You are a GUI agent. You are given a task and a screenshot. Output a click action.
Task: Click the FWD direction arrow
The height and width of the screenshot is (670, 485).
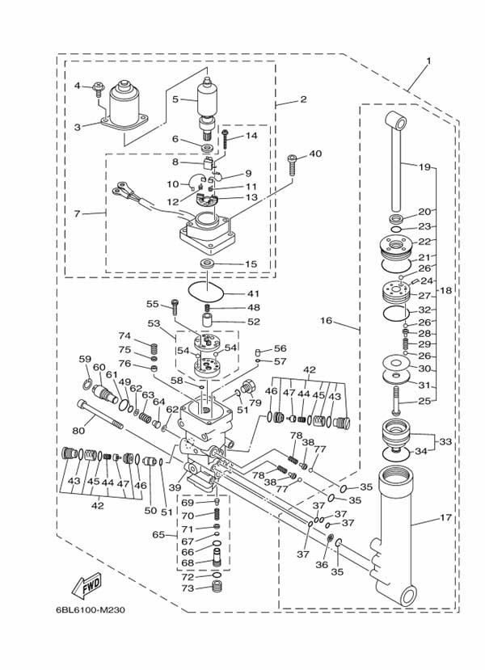coord(85,584)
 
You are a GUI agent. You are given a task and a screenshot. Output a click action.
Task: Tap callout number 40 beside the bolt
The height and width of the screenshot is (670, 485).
coord(315,154)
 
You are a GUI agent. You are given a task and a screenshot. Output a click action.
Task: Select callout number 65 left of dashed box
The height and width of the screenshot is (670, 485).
coord(159,534)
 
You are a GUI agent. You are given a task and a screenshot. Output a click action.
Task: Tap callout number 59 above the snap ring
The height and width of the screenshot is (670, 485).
coord(85,359)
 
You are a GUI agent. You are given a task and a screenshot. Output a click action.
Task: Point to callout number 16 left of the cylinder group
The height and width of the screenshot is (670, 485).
coord(326,321)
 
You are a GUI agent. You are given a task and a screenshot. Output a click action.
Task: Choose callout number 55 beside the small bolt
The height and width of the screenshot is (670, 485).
coord(152,304)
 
